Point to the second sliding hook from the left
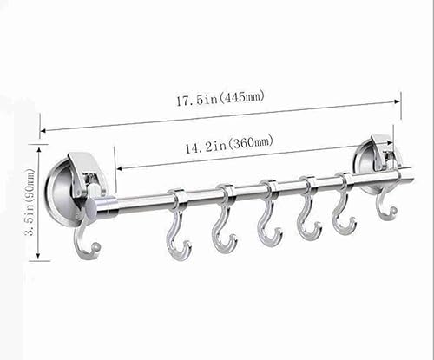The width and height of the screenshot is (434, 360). [x=224, y=228]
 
